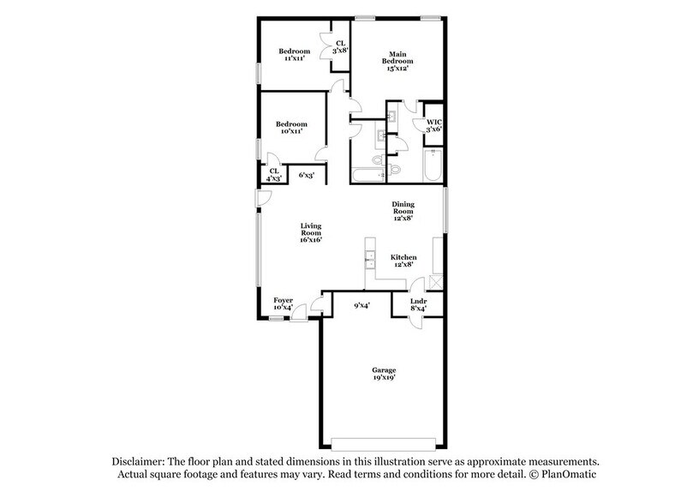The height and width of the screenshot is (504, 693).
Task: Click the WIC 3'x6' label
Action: coord(433,125)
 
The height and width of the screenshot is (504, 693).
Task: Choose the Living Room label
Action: coord(310,232)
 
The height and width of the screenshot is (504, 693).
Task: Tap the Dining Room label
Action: coord(403,211)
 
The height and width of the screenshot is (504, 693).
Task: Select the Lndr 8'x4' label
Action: coord(418,304)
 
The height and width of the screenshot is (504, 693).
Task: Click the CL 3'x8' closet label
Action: coord(340,47)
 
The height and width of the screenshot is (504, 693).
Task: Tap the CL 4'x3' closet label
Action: coord(275,175)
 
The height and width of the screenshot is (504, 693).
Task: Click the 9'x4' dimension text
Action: coord(361,304)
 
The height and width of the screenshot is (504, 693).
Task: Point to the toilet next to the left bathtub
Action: coord(395,170)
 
